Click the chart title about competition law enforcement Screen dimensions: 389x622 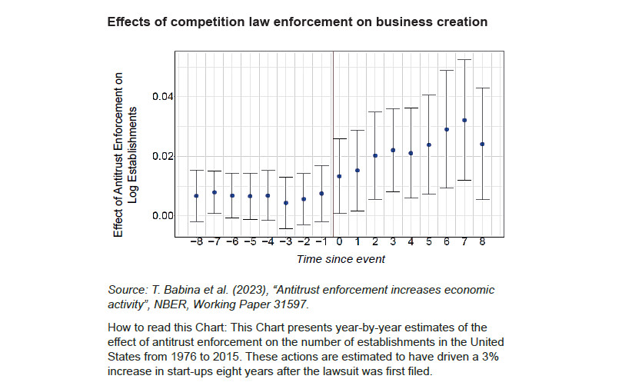pyautogui.click(x=297, y=22)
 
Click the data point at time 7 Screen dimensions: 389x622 pyautogui.click(x=464, y=120)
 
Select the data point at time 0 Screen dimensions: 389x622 pyautogui.click(x=339, y=176)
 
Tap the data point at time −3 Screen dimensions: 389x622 pyautogui.click(x=286, y=203)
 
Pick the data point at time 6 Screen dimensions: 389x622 pyautogui.click(x=447, y=129)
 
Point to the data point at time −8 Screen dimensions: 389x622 pyautogui.click(x=197, y=195)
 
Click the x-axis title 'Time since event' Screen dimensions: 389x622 pyautogui.click(x=341, y=259)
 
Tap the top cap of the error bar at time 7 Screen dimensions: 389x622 pyautogui.click(x=464, y=59)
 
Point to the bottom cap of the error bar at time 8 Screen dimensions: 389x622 pyautogui.click(x=482, y=199)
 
